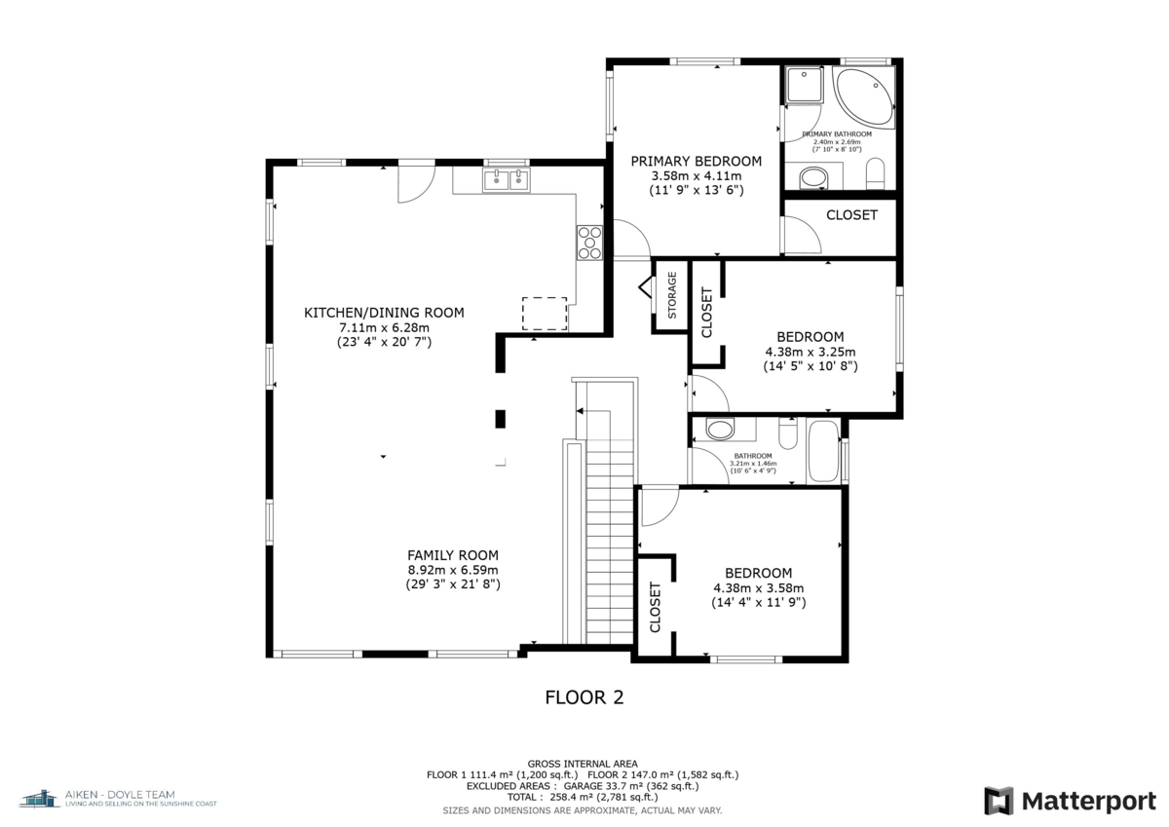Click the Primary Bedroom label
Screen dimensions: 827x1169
pos(696,161)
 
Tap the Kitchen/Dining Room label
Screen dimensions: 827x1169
pos(384,313)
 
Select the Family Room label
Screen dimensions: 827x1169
pos(453,552)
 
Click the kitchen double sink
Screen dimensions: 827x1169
pos(507,179)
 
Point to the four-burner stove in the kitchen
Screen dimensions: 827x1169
pos(589,242)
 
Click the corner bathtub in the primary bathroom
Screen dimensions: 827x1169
pos(864,97)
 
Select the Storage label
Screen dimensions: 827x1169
pos(671,296)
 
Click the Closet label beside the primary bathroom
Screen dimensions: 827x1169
pos(851,214)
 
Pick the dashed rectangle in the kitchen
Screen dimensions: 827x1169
pos(545,313)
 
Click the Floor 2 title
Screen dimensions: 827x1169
pos(584,697)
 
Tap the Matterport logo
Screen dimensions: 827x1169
pos(1070,801)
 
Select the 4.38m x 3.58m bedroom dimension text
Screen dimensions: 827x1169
pos(758,588)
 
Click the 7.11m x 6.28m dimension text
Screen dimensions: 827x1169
pos(384,327)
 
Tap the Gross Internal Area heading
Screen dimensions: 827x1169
pos(583,764)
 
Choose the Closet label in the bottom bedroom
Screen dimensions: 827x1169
pos(655,606)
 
